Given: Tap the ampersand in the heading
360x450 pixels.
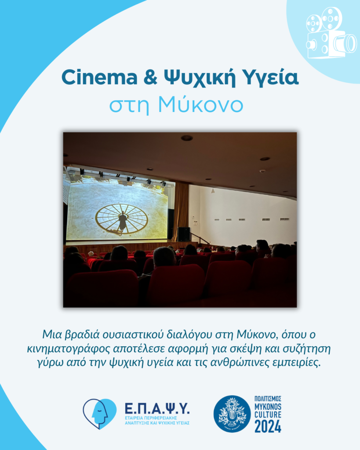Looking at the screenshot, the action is pos(150,77).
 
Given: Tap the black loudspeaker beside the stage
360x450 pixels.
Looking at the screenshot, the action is pos(184,234).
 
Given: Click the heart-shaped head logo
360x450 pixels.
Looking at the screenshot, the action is pos(100,414).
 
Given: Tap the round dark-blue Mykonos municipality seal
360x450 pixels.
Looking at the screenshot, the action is pos(232,414).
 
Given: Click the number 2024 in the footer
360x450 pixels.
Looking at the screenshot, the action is pos(268,426).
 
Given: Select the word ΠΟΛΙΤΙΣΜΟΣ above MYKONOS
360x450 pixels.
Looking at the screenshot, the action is pos(268,399).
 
